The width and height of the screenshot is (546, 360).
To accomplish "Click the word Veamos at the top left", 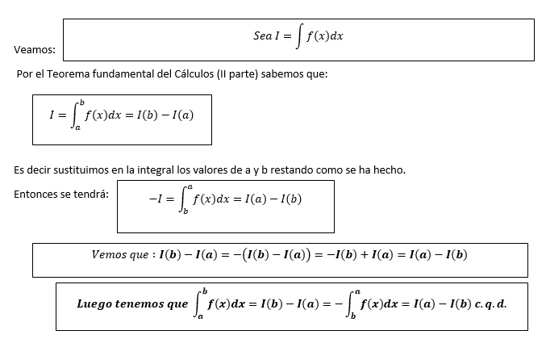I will [x=34, y=50].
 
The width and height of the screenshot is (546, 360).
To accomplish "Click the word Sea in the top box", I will [x=262, y=37].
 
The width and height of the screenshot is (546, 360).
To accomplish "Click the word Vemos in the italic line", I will [x=110, y=255].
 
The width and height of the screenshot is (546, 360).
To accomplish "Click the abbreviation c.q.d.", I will [x=490, y=304].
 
